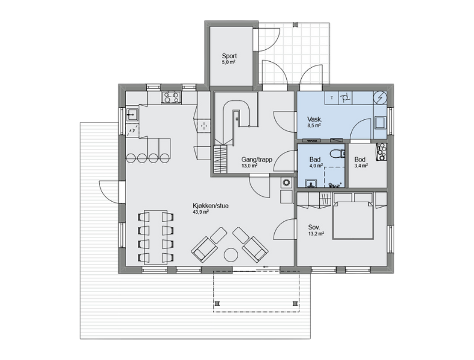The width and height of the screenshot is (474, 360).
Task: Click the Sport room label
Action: pyautogui.click(x=229, y=56)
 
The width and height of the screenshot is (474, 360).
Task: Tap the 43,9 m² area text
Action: pyautogui.click(x=201, y=212)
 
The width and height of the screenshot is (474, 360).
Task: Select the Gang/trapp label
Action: pyautogui.click(x=257, y=159)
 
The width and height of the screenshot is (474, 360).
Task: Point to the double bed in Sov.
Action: pyautogui.click(x=353, y=220)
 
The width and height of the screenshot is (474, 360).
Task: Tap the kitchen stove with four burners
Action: pyautogui.click(x=172, y=97)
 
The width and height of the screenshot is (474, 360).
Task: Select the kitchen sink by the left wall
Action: pyautogui.click(x=132, y=114)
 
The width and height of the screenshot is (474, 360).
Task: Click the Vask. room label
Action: pyautogui.click(x=314, y=119)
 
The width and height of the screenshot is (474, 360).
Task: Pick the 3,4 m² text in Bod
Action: pyautogui.click(x=361, y=166)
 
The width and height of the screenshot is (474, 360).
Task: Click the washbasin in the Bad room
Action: pyautogui.click(x=311, y=183)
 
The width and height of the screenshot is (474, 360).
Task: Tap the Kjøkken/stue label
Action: pyautogui.click(x=211, y=206)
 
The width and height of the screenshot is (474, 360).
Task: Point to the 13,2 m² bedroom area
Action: pyautogui.click(x=316, y=233)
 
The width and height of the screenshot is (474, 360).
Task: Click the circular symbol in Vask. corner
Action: pyautogui.click(x=380, y=98)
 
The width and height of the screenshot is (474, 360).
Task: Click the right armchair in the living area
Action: pyautogui.click(x=255, y=249)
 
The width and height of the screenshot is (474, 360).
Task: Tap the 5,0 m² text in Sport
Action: pyautogui.click(x=229, y=62)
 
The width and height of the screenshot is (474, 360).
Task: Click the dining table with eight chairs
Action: pyautogui.click(x=155, y=237)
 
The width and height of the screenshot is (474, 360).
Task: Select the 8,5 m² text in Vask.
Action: pyautogui.click(x=314, y=125)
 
